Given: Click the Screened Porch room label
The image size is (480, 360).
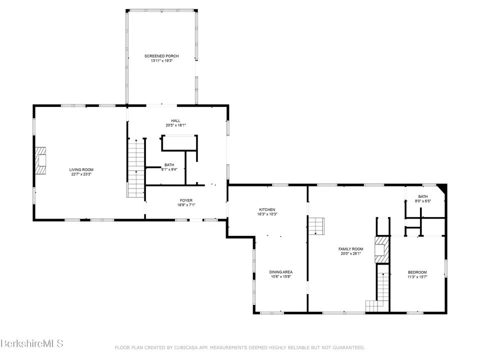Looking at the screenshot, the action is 161,56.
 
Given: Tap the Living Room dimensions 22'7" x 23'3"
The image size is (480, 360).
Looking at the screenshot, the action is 81,174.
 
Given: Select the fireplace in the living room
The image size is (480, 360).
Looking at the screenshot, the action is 40,160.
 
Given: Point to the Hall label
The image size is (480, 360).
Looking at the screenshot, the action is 175,120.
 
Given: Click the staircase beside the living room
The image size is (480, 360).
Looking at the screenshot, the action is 135,168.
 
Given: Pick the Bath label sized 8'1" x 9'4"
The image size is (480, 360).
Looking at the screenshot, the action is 169,164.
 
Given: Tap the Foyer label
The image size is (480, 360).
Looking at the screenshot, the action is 186,200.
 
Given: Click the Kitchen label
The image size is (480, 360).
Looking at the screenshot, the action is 267,209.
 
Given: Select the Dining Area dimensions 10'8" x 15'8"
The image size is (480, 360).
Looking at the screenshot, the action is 281,276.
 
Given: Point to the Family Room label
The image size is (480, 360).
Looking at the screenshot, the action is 351,249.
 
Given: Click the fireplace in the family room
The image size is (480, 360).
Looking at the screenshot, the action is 382,249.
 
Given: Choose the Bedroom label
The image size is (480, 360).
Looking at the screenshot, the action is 417,272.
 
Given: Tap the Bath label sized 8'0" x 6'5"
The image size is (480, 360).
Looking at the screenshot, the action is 423,196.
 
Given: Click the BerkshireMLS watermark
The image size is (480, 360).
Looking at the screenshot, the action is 32,343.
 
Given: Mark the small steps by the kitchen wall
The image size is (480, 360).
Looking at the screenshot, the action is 316,226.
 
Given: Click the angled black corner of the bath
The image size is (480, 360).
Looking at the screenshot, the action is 442,188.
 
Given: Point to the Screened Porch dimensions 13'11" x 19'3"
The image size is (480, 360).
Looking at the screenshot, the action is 161,61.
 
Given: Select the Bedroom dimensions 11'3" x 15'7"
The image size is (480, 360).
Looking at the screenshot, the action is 417,277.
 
